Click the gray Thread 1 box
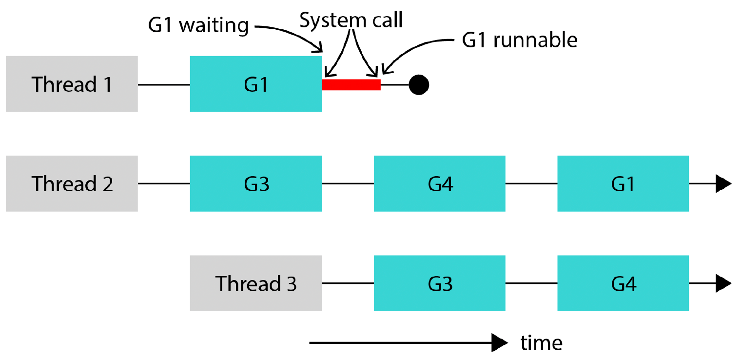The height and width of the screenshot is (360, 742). pos(72,84)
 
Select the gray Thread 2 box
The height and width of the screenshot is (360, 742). pos(72,183)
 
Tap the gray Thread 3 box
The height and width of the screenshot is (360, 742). pos(256,283)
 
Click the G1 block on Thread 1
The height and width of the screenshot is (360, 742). pos(256,84)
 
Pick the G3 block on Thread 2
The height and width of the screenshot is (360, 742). pos(256,183)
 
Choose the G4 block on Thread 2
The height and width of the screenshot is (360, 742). pos(440,183)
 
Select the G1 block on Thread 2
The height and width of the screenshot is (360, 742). pos(623,183)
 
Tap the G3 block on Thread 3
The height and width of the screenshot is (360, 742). pos(440,283)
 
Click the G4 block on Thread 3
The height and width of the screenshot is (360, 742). pos(623,283)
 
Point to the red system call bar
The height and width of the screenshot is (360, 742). pos(351,84)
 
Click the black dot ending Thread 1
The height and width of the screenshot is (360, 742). pos(419,85)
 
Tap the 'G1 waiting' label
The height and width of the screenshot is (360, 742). pos(198,25)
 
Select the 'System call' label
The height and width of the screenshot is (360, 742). pos(351,20)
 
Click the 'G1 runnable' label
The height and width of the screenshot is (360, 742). pos(520,40)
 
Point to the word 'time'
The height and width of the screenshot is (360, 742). pos(542,343)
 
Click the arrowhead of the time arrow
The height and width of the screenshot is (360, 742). pos(500,343)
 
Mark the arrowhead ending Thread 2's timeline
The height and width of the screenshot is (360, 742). pos(723,183)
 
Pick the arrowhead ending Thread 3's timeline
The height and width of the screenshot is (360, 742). pos(723,283)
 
